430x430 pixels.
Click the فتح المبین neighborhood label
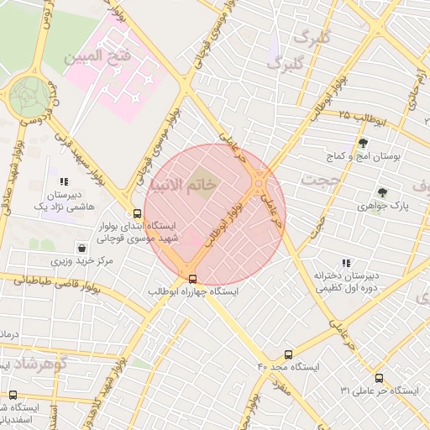pyautogui.click(x=97, y=57)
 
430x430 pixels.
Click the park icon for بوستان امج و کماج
pyautogui.click(x=363, y=142)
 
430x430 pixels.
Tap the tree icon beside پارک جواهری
pyautogui.click(x=382, y=192)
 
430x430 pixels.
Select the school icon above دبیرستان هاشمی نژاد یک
pyautogui.click(x=64, y=181)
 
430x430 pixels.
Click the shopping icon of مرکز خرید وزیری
pyautogui.click(x=81, y=248)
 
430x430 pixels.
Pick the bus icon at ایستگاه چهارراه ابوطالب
pyautogui.click(x=193, y=278)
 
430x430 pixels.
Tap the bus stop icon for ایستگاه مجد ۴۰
pyautogui.click(x=289, y=354)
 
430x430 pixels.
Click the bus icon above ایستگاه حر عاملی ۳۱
pyautogui.click(x=379, y=378)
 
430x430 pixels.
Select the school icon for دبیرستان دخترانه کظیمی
pyautogui.click(x=346, y=263)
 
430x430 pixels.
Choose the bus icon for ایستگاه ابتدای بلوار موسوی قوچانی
pyautogui.click(x=137, y=213)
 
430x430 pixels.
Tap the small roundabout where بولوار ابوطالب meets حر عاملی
pyautogui.click(x=259, y=182)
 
